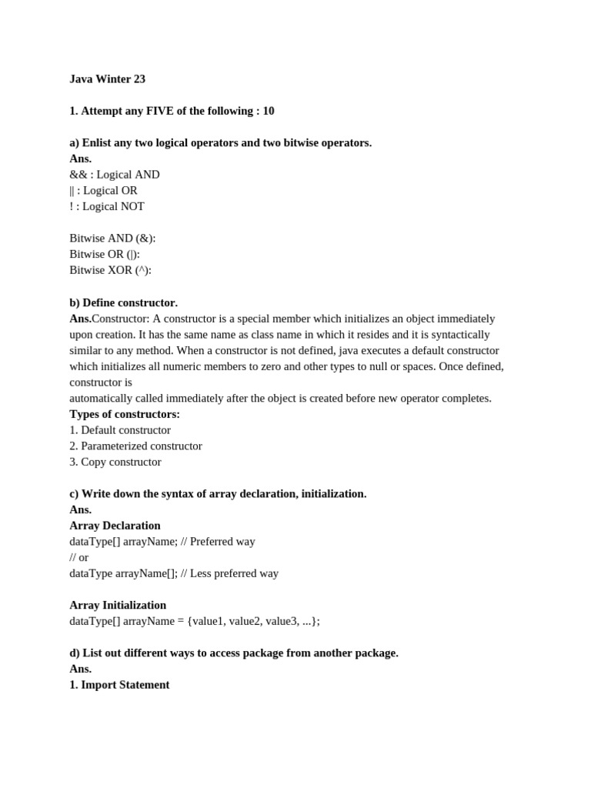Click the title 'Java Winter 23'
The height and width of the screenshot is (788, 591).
click(x=107, y=79)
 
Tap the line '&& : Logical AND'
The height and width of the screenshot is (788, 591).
click(x=115, y=175)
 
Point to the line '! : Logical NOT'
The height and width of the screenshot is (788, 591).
click(x=107, y=206)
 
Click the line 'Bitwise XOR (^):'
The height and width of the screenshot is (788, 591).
click(x=110, y=270)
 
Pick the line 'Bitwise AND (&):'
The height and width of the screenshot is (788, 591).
click(x=112, y=239)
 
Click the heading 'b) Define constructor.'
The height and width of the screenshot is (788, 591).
click(x=123, y=302)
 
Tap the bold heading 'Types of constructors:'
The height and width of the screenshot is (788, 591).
click(x=125, y=414)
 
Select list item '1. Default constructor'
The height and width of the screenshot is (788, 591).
click(x=120, y=430)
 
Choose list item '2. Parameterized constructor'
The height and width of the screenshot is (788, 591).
click(x=135, y=446)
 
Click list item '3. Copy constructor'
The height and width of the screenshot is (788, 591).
click(x=115, y=462)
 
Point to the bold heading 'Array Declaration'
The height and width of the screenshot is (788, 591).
click(x=115, y=526)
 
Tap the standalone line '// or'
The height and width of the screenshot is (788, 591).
click(x=79, y=557)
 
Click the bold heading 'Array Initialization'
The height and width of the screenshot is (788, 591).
click(x=118, y=606)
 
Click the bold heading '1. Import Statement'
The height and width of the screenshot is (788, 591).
click(x=119, y=685)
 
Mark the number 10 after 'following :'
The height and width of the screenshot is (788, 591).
click(x=269, y=111)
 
